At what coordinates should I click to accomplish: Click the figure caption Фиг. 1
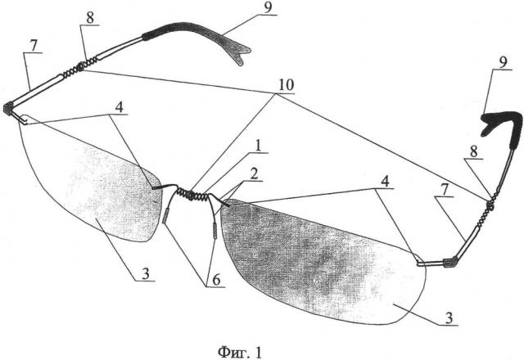point(240,352)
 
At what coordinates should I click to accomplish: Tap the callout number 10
point(287,85)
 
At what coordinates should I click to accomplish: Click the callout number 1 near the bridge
point(259,146)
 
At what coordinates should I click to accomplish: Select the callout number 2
point(255,174)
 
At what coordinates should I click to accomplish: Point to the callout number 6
point(216,280)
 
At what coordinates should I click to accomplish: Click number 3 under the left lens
point(146,275)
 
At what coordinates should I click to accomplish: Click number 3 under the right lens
point(449,318)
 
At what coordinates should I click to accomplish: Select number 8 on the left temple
point(90,18)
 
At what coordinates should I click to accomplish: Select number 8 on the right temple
point(473,151)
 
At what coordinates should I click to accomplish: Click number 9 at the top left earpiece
point(268,8)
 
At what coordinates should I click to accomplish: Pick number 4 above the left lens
point(119,108)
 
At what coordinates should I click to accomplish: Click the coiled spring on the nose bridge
point(192,195)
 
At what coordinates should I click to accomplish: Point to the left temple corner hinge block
point(8,108)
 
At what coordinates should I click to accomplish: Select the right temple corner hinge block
point(449,263)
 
